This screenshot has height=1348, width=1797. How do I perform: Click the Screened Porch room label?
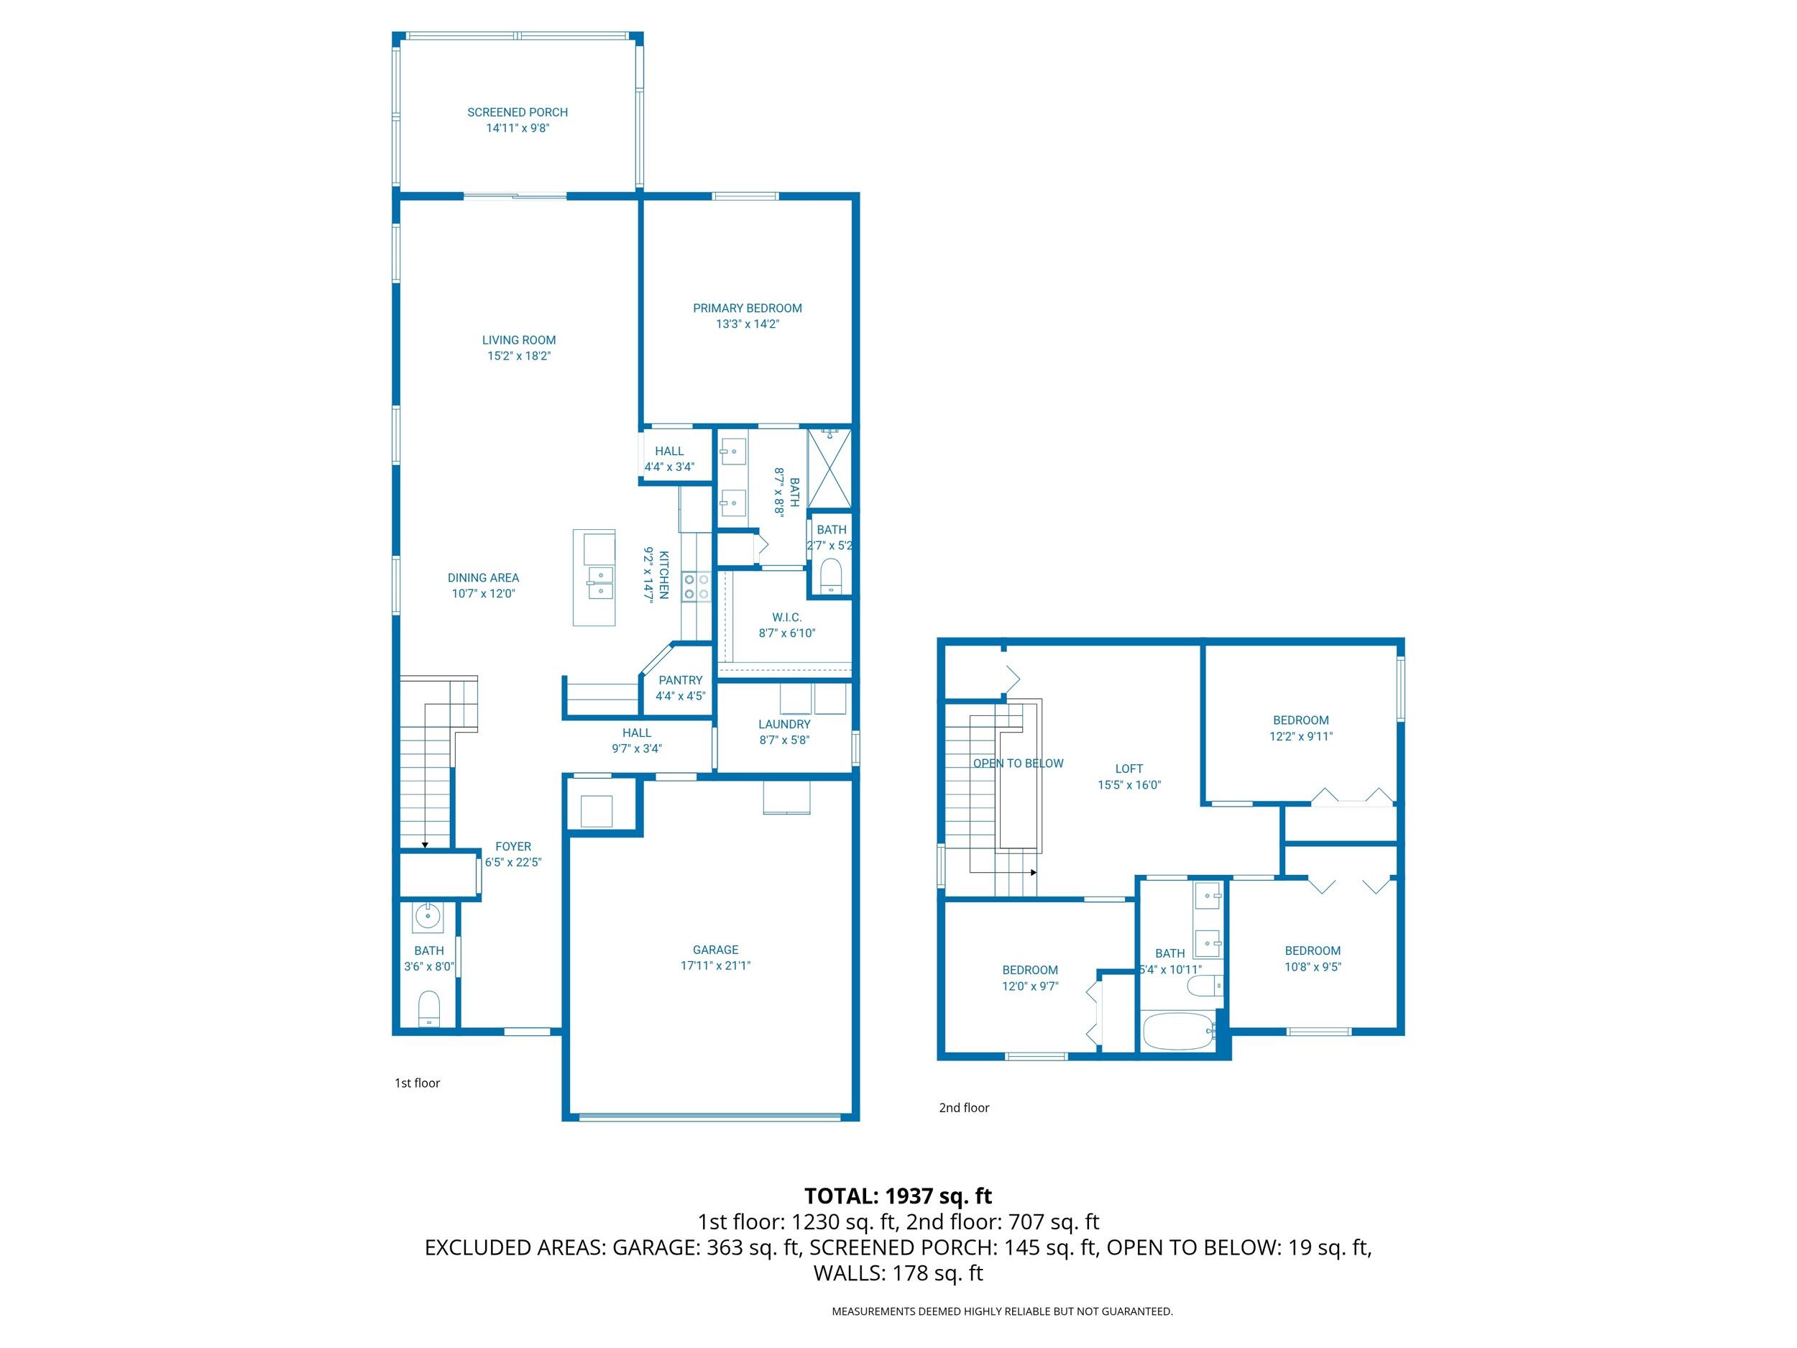517,112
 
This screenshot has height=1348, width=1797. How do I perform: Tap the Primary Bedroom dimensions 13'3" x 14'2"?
747,324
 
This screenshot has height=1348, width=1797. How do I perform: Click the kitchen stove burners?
697,587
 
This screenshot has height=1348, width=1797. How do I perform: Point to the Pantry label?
680,680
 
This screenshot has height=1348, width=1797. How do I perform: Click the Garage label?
715,949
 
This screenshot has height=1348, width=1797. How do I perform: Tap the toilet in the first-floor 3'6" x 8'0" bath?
429,1009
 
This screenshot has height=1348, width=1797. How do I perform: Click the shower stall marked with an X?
829,469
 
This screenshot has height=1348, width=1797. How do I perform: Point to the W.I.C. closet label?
786,618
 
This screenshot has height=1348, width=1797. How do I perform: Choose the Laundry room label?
784,724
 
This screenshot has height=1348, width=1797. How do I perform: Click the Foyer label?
513,847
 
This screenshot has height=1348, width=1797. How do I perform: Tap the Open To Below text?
1018,763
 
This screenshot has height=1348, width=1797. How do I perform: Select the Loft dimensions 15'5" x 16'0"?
1129,785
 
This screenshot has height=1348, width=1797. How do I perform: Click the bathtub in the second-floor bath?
1177,1031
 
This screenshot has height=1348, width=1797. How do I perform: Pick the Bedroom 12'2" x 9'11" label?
1300,720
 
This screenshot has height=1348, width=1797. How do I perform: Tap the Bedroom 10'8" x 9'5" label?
1312,950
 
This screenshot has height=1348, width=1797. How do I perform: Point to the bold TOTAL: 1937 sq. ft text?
898,1196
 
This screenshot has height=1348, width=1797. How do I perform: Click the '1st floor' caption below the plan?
417,1083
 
